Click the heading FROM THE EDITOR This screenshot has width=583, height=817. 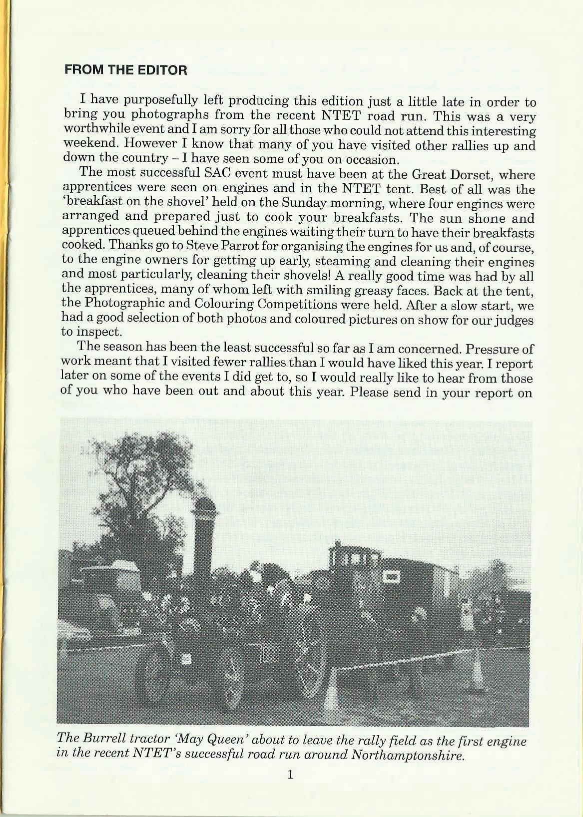126,70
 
